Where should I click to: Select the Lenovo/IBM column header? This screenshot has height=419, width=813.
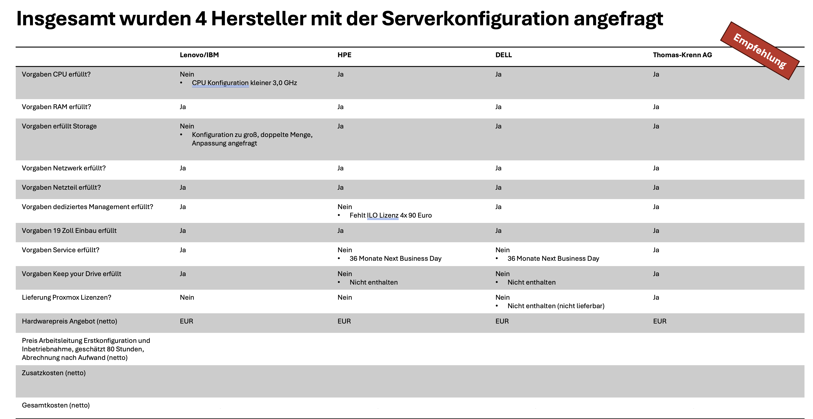click(199, 55)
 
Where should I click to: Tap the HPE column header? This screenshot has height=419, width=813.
click(344, 55)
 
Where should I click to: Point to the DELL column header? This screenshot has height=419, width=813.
click(503, 55)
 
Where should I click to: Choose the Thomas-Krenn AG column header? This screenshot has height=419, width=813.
click(682, 55)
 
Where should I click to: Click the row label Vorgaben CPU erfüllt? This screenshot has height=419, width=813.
click(56, 74)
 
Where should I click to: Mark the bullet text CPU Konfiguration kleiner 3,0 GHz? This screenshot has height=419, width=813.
click(244, 83)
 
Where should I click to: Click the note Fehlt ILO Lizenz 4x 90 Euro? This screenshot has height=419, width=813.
click(390, 215)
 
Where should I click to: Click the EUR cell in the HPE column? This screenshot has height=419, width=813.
click(344, 321)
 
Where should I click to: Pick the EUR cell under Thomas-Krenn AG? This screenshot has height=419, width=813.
click(660, 321)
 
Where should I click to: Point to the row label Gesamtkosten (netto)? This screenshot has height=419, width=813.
click(56, 405)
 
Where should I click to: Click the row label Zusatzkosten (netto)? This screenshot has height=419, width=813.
click(54, 373)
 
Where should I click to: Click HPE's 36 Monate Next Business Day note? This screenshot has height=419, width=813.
click(395, 259)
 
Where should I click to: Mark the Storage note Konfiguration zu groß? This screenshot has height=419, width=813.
click(252, 139)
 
